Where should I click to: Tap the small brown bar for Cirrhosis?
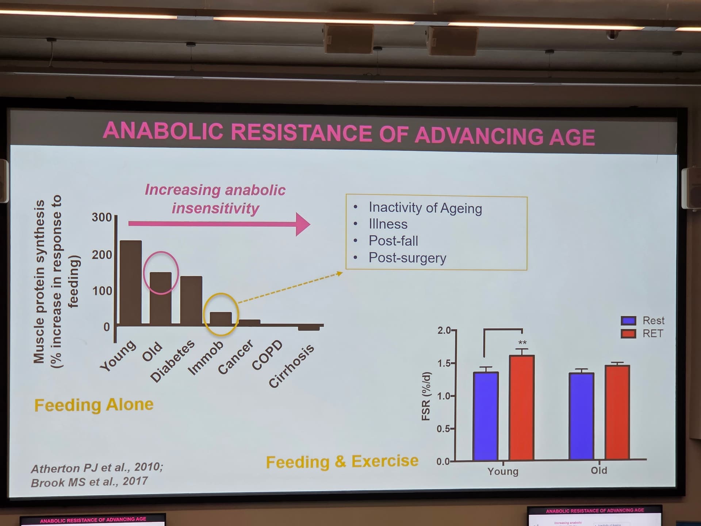click(x=309, y=328)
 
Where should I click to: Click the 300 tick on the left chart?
click(x=101, y=217)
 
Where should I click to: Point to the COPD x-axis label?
click(x=268, y=355)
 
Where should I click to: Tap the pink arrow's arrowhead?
click(x=303, y=224)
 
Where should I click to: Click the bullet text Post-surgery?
click(x=407, y=258)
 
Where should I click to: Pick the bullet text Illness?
click(x=388, y=224)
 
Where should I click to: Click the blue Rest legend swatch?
click(x=628, y=321)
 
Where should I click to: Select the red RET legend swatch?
click(x=628, y=333)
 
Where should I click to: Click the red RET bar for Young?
click(x=522, y=407)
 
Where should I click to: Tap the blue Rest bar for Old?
click(x=581, y=416)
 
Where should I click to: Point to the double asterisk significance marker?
click(x=522, y=343)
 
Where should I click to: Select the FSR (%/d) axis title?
click(x=426, y=396)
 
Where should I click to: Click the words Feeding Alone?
click(x=94, y=405)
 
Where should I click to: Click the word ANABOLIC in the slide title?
click(x=163, y=131)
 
